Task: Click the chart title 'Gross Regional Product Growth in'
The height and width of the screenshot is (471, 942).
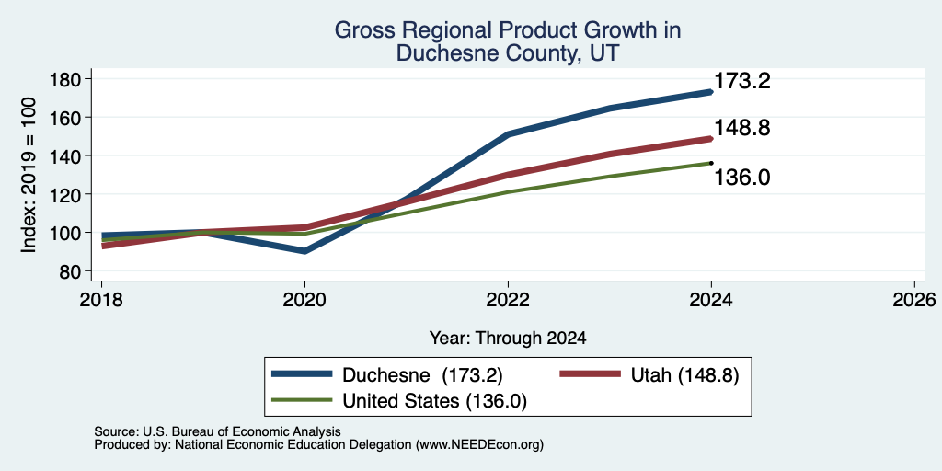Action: point(508,30)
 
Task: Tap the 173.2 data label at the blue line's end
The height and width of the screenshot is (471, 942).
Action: point(742,82)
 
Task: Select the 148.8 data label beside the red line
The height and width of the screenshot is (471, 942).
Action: point(742,128)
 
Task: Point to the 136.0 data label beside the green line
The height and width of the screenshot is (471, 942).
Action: point(742,178)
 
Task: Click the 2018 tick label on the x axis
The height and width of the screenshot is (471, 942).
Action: point(101,300)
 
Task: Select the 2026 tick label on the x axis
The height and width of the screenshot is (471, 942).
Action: point(914,300)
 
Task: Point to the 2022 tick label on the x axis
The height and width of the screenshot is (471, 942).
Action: point(508,300)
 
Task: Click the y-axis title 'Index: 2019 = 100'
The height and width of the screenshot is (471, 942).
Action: point(29,176)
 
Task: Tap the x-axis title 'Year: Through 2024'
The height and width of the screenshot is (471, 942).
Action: point(508,339)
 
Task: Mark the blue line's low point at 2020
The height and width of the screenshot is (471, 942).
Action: point(304,250)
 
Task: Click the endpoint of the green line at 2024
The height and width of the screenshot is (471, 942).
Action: point(711,163)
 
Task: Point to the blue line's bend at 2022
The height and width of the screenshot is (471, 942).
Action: point(508,134)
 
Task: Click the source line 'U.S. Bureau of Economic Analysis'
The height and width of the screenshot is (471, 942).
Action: point(217,431)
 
